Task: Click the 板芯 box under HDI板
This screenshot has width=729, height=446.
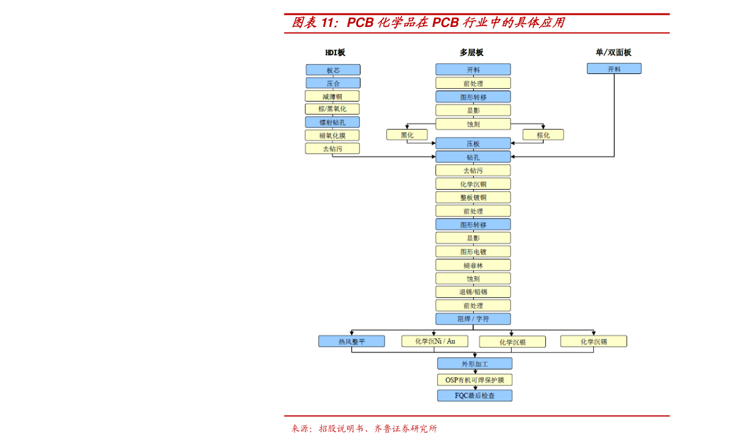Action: [333, 70]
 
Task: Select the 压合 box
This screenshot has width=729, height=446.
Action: [333, 83]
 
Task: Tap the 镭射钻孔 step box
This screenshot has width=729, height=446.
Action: [333, 122]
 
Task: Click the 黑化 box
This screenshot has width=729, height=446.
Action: [407, 135]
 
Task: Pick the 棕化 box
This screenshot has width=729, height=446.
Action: [543, 135]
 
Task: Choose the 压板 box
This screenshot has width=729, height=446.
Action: [473, 144]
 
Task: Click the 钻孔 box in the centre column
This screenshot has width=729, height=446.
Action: [473, 157]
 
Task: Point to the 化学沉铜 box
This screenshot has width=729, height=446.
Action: [473, 184]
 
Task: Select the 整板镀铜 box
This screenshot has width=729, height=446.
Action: [473, 198]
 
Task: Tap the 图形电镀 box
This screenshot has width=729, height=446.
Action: [473, 251]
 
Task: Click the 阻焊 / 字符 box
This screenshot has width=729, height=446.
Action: [473, 319]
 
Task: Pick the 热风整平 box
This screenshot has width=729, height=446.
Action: [351, 341]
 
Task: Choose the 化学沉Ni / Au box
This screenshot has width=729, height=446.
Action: [435, 341]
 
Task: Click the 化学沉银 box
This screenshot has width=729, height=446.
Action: [512, 342]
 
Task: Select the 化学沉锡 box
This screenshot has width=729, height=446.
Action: [594, 341]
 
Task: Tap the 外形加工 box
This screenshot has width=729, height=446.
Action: [474, 364]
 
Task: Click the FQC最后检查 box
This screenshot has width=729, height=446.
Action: [474, 396]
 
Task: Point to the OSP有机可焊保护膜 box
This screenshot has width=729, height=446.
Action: [474, 380]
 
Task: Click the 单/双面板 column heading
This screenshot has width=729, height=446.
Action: [613, 53]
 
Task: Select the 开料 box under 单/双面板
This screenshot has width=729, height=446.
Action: [614, 69]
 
